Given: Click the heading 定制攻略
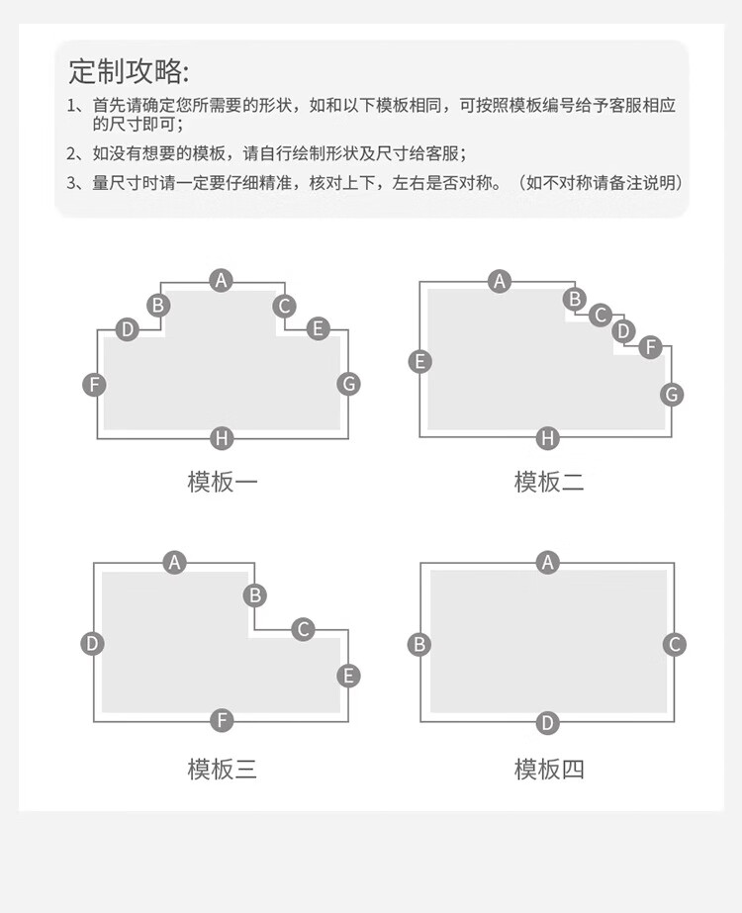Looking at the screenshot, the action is (129, 71).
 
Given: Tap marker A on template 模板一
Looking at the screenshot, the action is (222, 281).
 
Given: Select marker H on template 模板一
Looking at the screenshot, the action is (222, 438).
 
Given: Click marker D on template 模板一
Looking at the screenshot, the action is (127, 329).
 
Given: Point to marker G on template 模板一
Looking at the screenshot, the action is (349, 384).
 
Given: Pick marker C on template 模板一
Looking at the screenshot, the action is (284, 306).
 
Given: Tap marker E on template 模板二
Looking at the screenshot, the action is (419, 361).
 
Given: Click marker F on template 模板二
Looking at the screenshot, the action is (651, 347).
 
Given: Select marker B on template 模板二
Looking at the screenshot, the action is (575, 299).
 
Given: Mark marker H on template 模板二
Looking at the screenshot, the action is (547, 438).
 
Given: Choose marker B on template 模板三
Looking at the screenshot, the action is (254, 595).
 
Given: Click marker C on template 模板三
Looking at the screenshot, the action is (303, 629).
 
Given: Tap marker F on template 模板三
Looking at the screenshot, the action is (222, 721).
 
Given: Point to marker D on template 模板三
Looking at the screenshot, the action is (92, 643).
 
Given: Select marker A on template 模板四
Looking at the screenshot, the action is (547, 563).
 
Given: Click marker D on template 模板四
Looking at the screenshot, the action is (547, 723).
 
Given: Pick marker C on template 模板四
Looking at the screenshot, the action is (675, 645).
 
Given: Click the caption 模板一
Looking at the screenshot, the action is (222, 482).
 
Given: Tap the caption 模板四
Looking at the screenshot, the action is (549, 770).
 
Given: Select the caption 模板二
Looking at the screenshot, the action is (549, 482).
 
